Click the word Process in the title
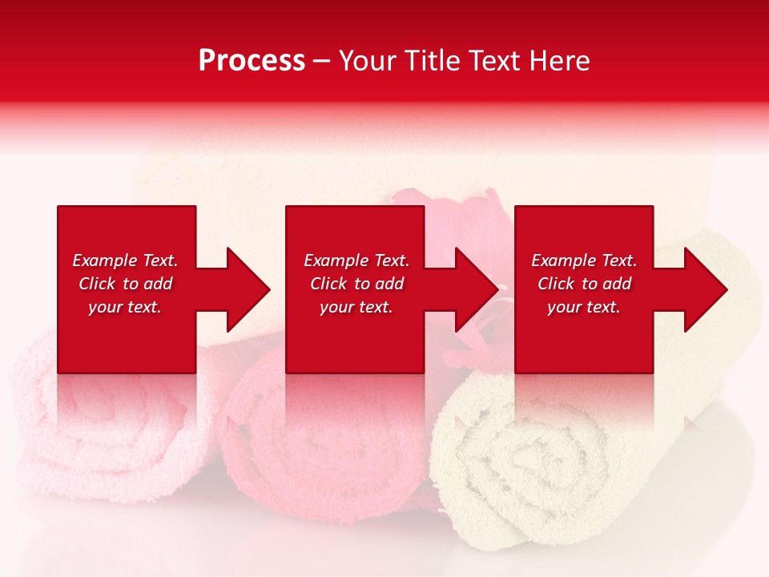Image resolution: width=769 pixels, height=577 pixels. point(252,61)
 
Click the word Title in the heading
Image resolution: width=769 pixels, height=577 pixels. point(433,61)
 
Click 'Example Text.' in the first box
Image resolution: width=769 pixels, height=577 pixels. point(125,260)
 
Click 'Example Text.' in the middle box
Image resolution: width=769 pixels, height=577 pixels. point(356,260)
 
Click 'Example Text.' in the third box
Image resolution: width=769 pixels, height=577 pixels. point(584,260)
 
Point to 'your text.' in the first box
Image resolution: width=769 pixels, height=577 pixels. point(125,307)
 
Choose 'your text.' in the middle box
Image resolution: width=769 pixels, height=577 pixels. point(356,307)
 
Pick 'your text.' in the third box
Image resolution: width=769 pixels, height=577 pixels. point(584,307)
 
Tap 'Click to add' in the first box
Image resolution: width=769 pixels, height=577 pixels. point(125,284)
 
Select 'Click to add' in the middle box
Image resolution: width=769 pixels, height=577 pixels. point(356,284)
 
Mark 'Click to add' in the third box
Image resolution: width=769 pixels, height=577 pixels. point(584,284)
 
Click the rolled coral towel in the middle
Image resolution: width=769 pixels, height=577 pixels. point(320,449)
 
